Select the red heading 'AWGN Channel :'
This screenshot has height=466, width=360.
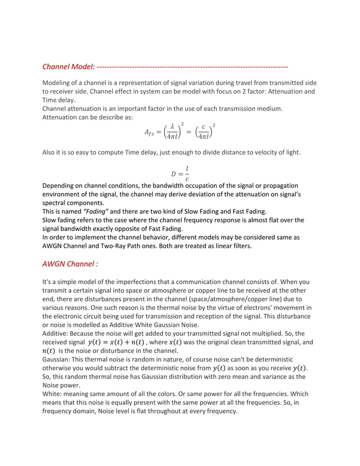pos(70,263)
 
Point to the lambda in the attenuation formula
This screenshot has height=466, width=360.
pos(172,128)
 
